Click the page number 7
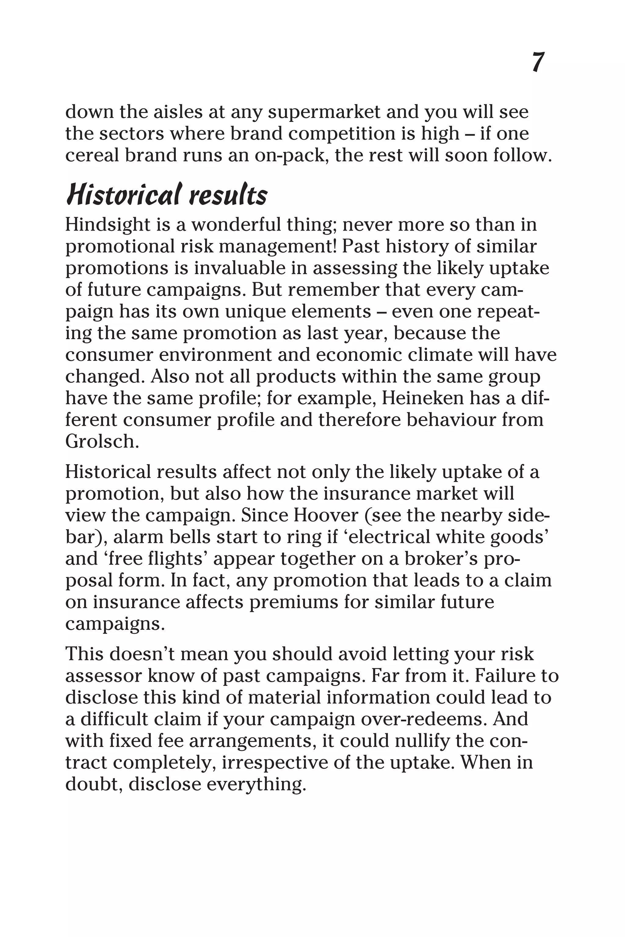[538, 63]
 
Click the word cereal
[92, 155]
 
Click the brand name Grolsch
[102, 441]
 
